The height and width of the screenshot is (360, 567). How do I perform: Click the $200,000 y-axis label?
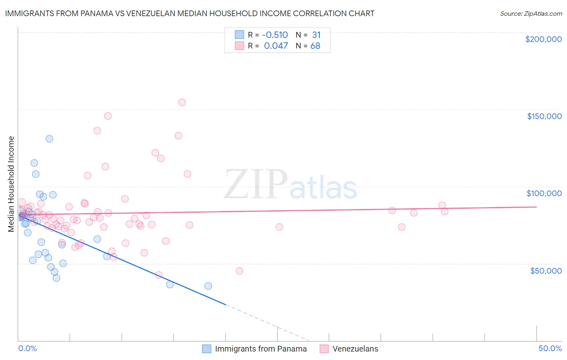click(x=543, y=39)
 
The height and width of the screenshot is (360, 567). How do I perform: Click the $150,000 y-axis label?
click(x=544, y=116)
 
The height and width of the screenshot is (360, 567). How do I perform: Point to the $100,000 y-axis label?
click(x=544, y=193)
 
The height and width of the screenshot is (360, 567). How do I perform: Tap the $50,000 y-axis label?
click(x=546, y=270)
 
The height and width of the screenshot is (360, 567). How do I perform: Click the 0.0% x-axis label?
click(x=27, y=348)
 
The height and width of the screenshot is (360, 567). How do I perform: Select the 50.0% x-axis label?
click(x=550, y=348)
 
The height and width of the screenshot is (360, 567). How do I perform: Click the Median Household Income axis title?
click(x=11, y=184)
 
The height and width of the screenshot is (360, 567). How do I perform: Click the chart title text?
click(x=190, y=13)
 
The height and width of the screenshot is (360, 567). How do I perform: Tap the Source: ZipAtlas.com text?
click(x=531, y=13)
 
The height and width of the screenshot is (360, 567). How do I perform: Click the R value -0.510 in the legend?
click(x=275, y=35)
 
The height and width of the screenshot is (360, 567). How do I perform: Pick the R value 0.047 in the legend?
click(x=276, y=46)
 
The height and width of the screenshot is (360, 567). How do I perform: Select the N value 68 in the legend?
click(x=315, y=46)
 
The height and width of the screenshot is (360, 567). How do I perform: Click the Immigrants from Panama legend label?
click(x=261, y=349)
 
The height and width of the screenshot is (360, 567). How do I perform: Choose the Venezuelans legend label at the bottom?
click(x=355, y=349)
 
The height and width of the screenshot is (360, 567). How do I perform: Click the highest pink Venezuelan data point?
click(x=182, y=103)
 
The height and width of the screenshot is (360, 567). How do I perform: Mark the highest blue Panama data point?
click(x=49, y=139)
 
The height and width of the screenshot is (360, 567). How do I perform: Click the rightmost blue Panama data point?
click(x=208, y=286)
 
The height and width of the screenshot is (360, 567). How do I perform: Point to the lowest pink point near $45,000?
click(x=240, y=271)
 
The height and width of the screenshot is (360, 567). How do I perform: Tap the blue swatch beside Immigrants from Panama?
click(x=207, y=349)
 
